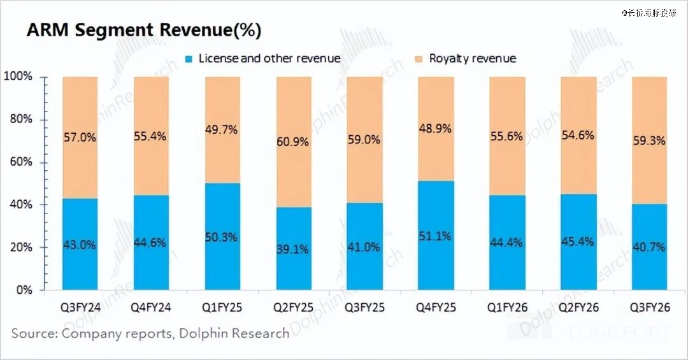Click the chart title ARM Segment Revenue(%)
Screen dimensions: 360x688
click(144, 30)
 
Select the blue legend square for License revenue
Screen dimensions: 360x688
click(189, 59)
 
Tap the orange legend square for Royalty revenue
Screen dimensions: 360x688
click(418, 59)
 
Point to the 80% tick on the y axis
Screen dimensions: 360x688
click(18, 120)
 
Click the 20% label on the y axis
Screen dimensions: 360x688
click(18, 247)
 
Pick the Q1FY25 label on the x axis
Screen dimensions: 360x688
click(222, 308)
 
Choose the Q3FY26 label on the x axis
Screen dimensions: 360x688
click(649, 308)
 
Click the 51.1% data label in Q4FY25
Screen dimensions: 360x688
click(436, 236)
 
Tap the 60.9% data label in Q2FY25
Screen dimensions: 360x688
click(293, 141)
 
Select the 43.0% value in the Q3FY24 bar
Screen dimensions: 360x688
click(80, 245)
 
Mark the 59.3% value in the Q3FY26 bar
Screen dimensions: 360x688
click(649, 141)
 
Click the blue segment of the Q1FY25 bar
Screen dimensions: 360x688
click(222, 268)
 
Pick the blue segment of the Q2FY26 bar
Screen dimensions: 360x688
click(578, 268)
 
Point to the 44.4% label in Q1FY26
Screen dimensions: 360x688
click(507, 242)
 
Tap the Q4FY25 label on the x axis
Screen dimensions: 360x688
click(436, 308)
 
